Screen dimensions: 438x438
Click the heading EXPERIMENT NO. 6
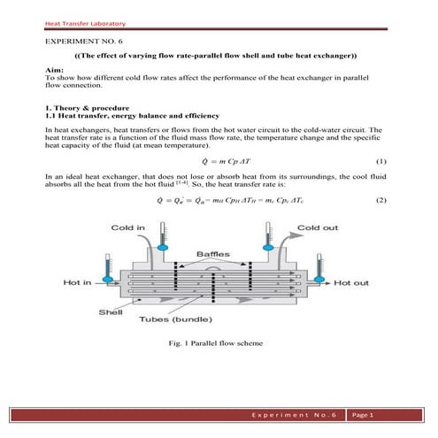(84, 42)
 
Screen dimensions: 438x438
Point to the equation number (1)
(381, 162)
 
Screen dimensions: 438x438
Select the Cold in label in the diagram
(127, 228)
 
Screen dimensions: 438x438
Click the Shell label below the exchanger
(110, 311)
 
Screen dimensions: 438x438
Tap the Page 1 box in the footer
(364, 415)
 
